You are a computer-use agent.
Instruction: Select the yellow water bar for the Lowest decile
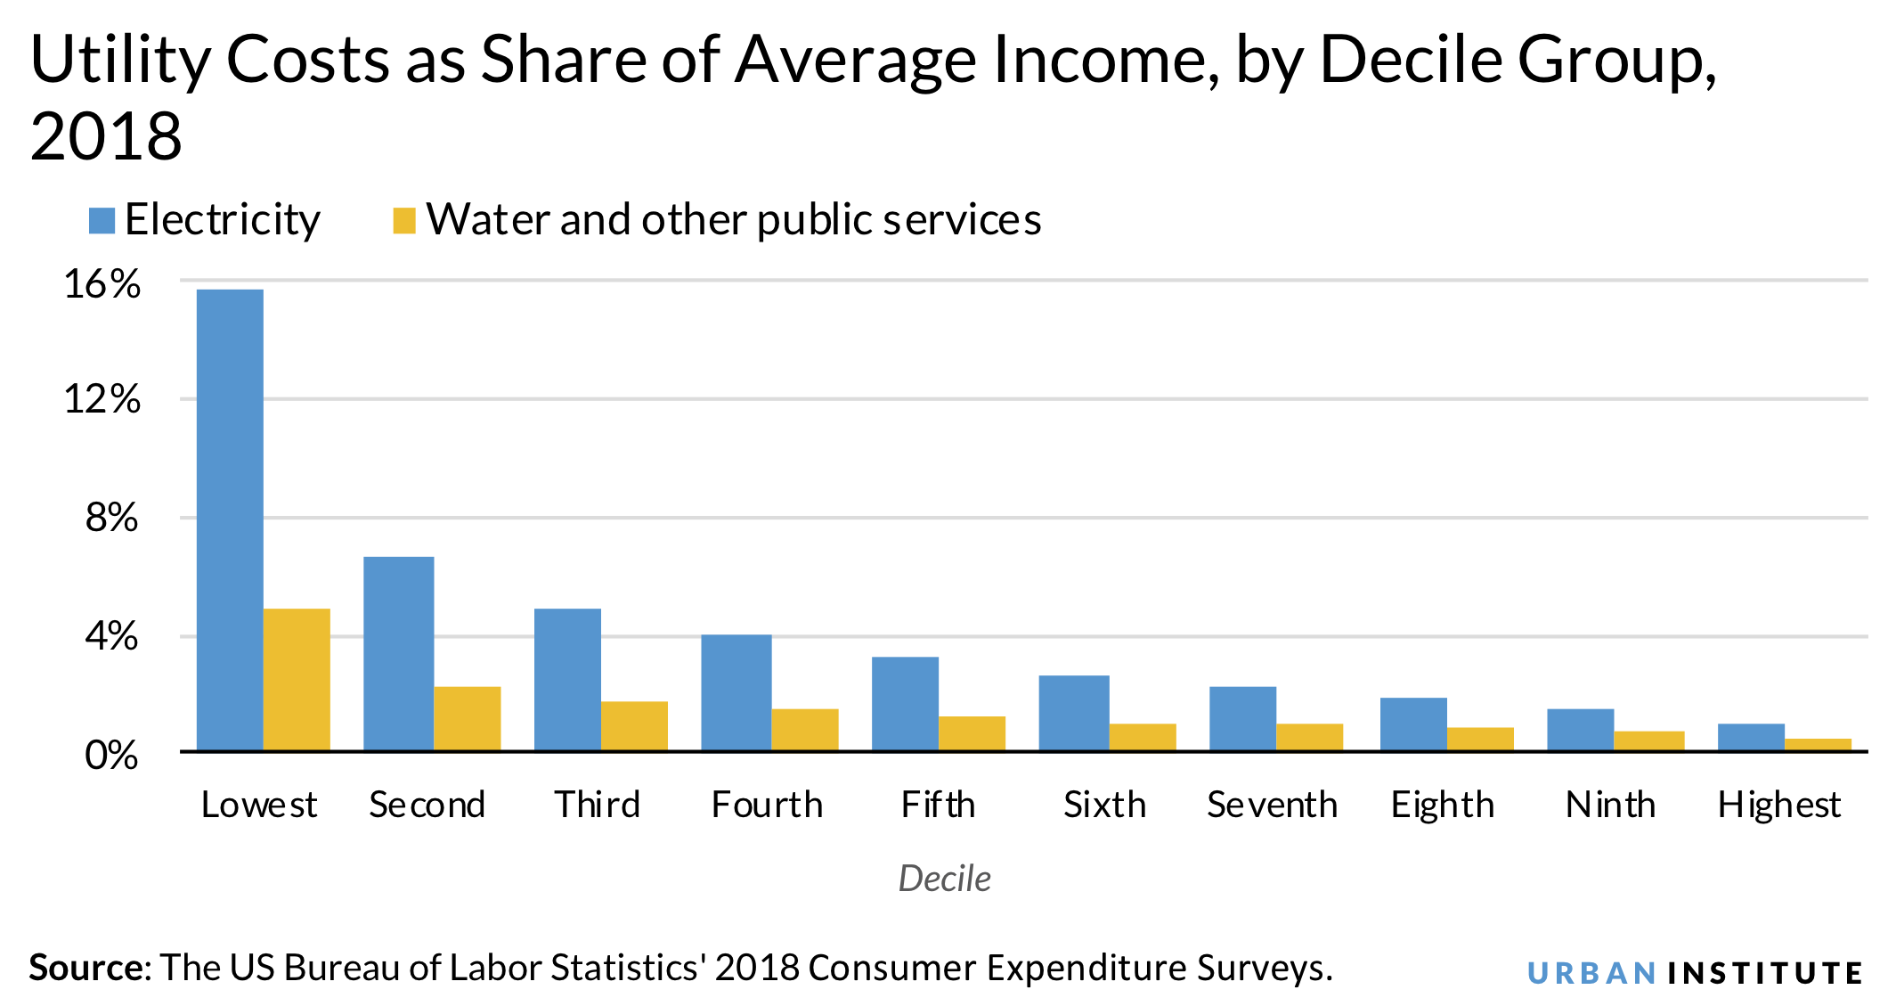[297, 679]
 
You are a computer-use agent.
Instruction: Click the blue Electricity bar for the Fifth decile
[905, 703]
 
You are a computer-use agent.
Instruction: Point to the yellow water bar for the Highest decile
[1818, 744]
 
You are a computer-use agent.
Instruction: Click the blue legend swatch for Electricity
[102, 221]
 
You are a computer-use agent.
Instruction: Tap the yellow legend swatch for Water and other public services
[404, 221]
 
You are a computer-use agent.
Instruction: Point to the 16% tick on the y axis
[102, 284]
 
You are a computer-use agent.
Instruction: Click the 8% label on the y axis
[112, 518]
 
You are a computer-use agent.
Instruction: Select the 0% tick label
[112, 756]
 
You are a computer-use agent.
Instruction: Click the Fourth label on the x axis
[767, 805]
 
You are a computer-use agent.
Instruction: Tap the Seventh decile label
[1272, 805]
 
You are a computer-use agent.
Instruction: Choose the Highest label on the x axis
[1778, 805]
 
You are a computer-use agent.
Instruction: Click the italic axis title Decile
[944, 879]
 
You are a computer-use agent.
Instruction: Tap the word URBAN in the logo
[1591, 973]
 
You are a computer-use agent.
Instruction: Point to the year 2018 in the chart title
[106, 137]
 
